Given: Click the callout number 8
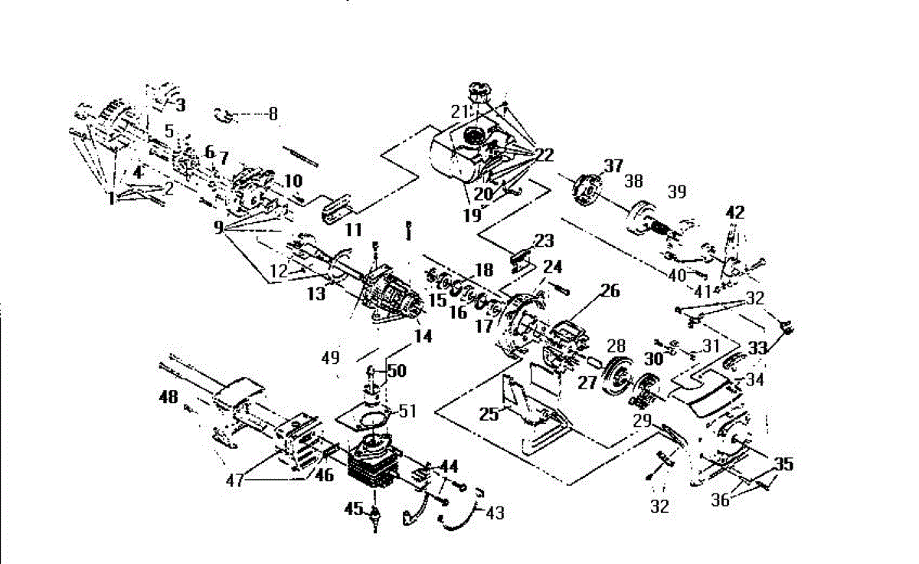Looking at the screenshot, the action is pos(273,113).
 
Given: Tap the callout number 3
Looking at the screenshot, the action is pos(181,106).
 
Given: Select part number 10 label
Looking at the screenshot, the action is pos(293,181).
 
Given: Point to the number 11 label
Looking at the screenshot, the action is pos(354,230).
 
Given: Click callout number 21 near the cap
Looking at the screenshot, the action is pos(459,112).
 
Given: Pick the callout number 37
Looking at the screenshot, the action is pos(613,166).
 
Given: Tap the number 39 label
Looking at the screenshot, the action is pos(677,192).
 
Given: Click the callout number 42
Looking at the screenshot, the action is pos(734,212).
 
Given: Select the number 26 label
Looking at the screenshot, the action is pos(610,291).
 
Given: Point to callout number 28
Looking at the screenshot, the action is pos(616,346).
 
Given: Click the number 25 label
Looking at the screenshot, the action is pos(489,415).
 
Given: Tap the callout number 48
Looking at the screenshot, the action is pos(168,397).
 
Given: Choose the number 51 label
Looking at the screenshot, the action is pos(407,411).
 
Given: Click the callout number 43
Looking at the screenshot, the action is pos(495,513).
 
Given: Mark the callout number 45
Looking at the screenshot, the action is pos(354,509).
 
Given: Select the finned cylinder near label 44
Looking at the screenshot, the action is pos(374,464).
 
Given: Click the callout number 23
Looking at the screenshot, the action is pos(545,241).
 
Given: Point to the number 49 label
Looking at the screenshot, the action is pos(331,358).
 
